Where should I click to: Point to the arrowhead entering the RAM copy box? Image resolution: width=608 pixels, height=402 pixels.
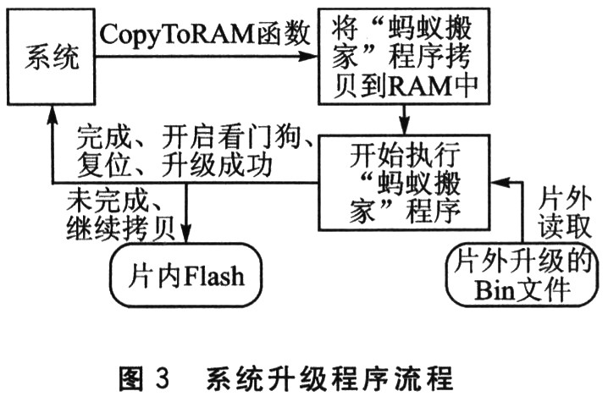point(311,58)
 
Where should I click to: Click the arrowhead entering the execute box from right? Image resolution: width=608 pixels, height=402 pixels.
point(503,182)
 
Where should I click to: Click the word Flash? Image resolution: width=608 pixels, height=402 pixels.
point(209,275)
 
